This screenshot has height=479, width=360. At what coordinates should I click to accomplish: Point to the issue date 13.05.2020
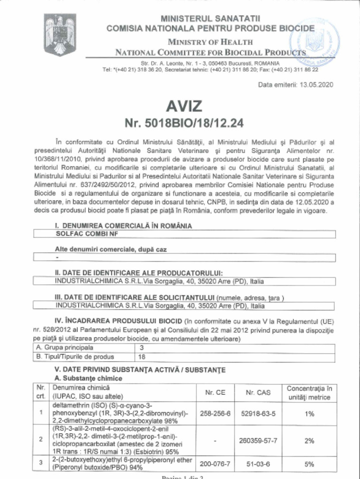coord(316,85)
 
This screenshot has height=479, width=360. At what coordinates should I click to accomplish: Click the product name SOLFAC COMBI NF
coord(79,234)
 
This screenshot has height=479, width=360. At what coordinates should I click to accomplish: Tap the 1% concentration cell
coord(309,414)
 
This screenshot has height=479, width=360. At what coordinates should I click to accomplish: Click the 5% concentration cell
coord(309,464)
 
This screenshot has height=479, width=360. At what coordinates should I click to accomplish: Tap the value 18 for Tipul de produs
coord(142,357)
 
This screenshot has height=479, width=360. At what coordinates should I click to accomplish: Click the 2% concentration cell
coord(309,440)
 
